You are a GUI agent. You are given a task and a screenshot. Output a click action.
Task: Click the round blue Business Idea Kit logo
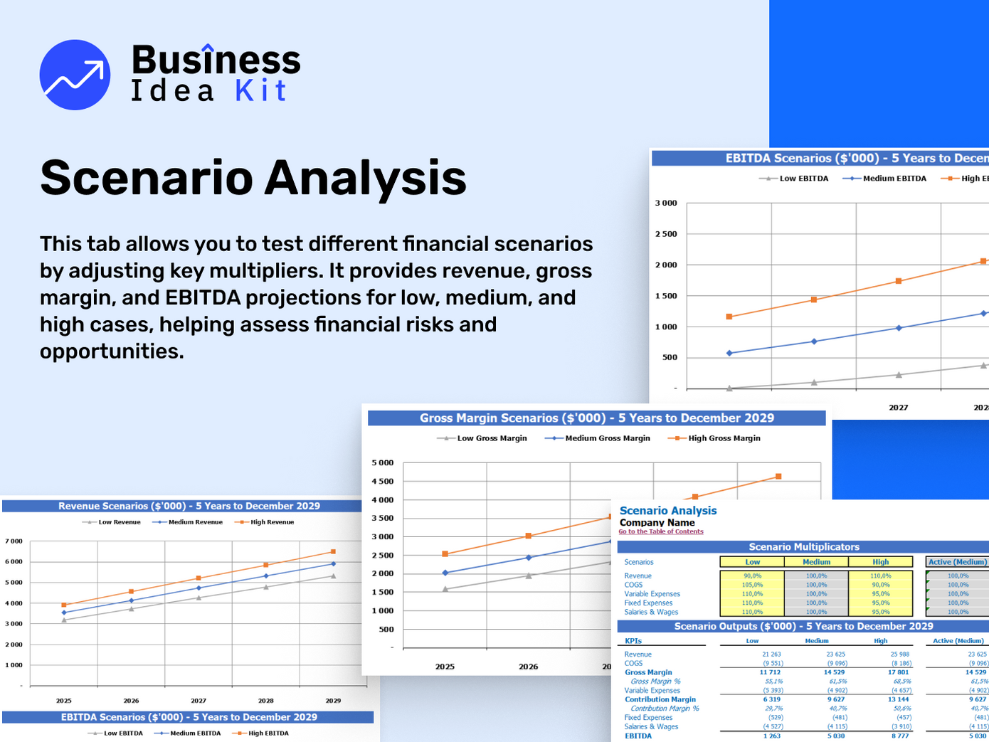[75, 75]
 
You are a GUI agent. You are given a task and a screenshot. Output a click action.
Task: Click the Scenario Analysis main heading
[253, 178]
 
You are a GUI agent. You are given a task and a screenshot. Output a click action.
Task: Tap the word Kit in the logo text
[260, 91]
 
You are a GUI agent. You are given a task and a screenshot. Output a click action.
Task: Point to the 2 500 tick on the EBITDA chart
[666, 234]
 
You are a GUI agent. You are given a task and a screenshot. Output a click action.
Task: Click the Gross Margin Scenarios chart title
[596, 418]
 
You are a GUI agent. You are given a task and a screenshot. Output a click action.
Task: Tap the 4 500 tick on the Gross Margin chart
[382, 482]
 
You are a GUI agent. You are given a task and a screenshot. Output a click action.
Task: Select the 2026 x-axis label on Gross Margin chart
[528, 667]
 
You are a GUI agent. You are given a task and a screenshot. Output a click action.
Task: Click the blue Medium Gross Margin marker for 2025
[445, 573]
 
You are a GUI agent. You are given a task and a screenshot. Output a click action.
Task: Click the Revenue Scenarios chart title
[189, 506]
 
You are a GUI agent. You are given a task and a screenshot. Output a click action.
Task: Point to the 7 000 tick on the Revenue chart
[14, 541]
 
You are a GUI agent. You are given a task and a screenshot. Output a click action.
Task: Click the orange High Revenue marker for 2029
[333, 551]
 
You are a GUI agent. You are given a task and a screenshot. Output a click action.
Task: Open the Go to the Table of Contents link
[661, 531]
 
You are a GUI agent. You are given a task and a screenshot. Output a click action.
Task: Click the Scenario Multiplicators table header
[803, 547]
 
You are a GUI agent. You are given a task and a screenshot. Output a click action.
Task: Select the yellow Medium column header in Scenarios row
[816, 562]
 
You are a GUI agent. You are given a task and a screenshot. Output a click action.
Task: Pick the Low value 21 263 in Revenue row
[771, 654]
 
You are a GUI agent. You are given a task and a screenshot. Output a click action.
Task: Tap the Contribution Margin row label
[660, 699]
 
